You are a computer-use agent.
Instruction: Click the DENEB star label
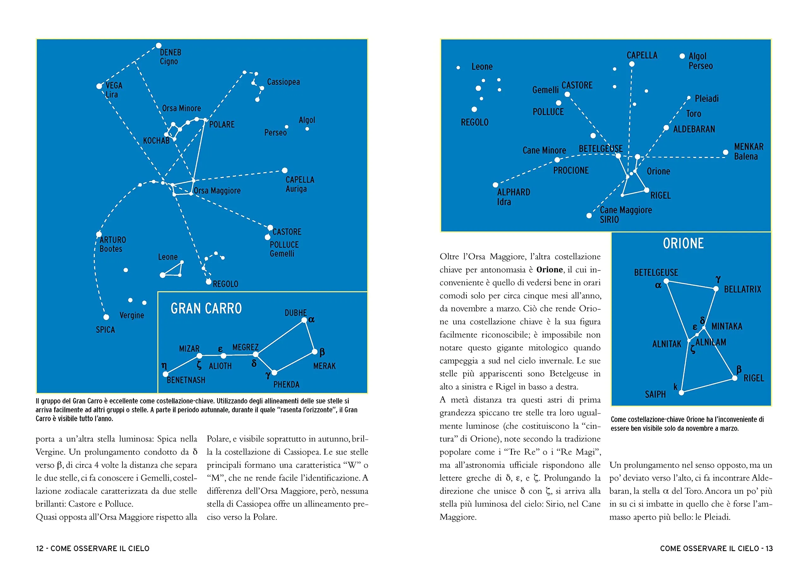point(171,52)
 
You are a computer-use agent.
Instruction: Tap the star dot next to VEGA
point(99,86)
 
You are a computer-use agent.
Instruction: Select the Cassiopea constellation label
point(283,82)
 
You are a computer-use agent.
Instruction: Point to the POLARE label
point(222,125)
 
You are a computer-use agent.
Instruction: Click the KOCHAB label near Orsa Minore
point(156,141)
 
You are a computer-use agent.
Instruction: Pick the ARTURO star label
point(113,240)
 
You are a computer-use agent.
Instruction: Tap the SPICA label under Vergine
point(105,330)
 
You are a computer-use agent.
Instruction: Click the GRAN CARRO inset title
point(206,309)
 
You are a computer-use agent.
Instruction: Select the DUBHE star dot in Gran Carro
point(304,320)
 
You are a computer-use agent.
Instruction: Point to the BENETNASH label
point(186,380)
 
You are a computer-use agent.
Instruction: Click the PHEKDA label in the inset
point(286,385)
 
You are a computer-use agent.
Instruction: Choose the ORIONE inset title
point(683,243)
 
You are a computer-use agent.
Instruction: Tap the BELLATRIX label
point(743,289)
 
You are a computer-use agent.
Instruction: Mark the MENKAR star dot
point(725,152)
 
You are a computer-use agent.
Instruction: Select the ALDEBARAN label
point(694,129)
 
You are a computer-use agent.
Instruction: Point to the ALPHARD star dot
point(496,185)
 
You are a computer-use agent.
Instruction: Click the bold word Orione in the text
point(549,270)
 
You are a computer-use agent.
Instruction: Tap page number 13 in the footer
point(769,549)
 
